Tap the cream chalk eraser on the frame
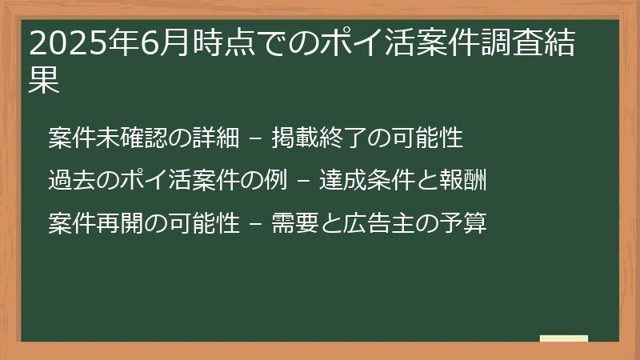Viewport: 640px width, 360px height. (563, 338)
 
